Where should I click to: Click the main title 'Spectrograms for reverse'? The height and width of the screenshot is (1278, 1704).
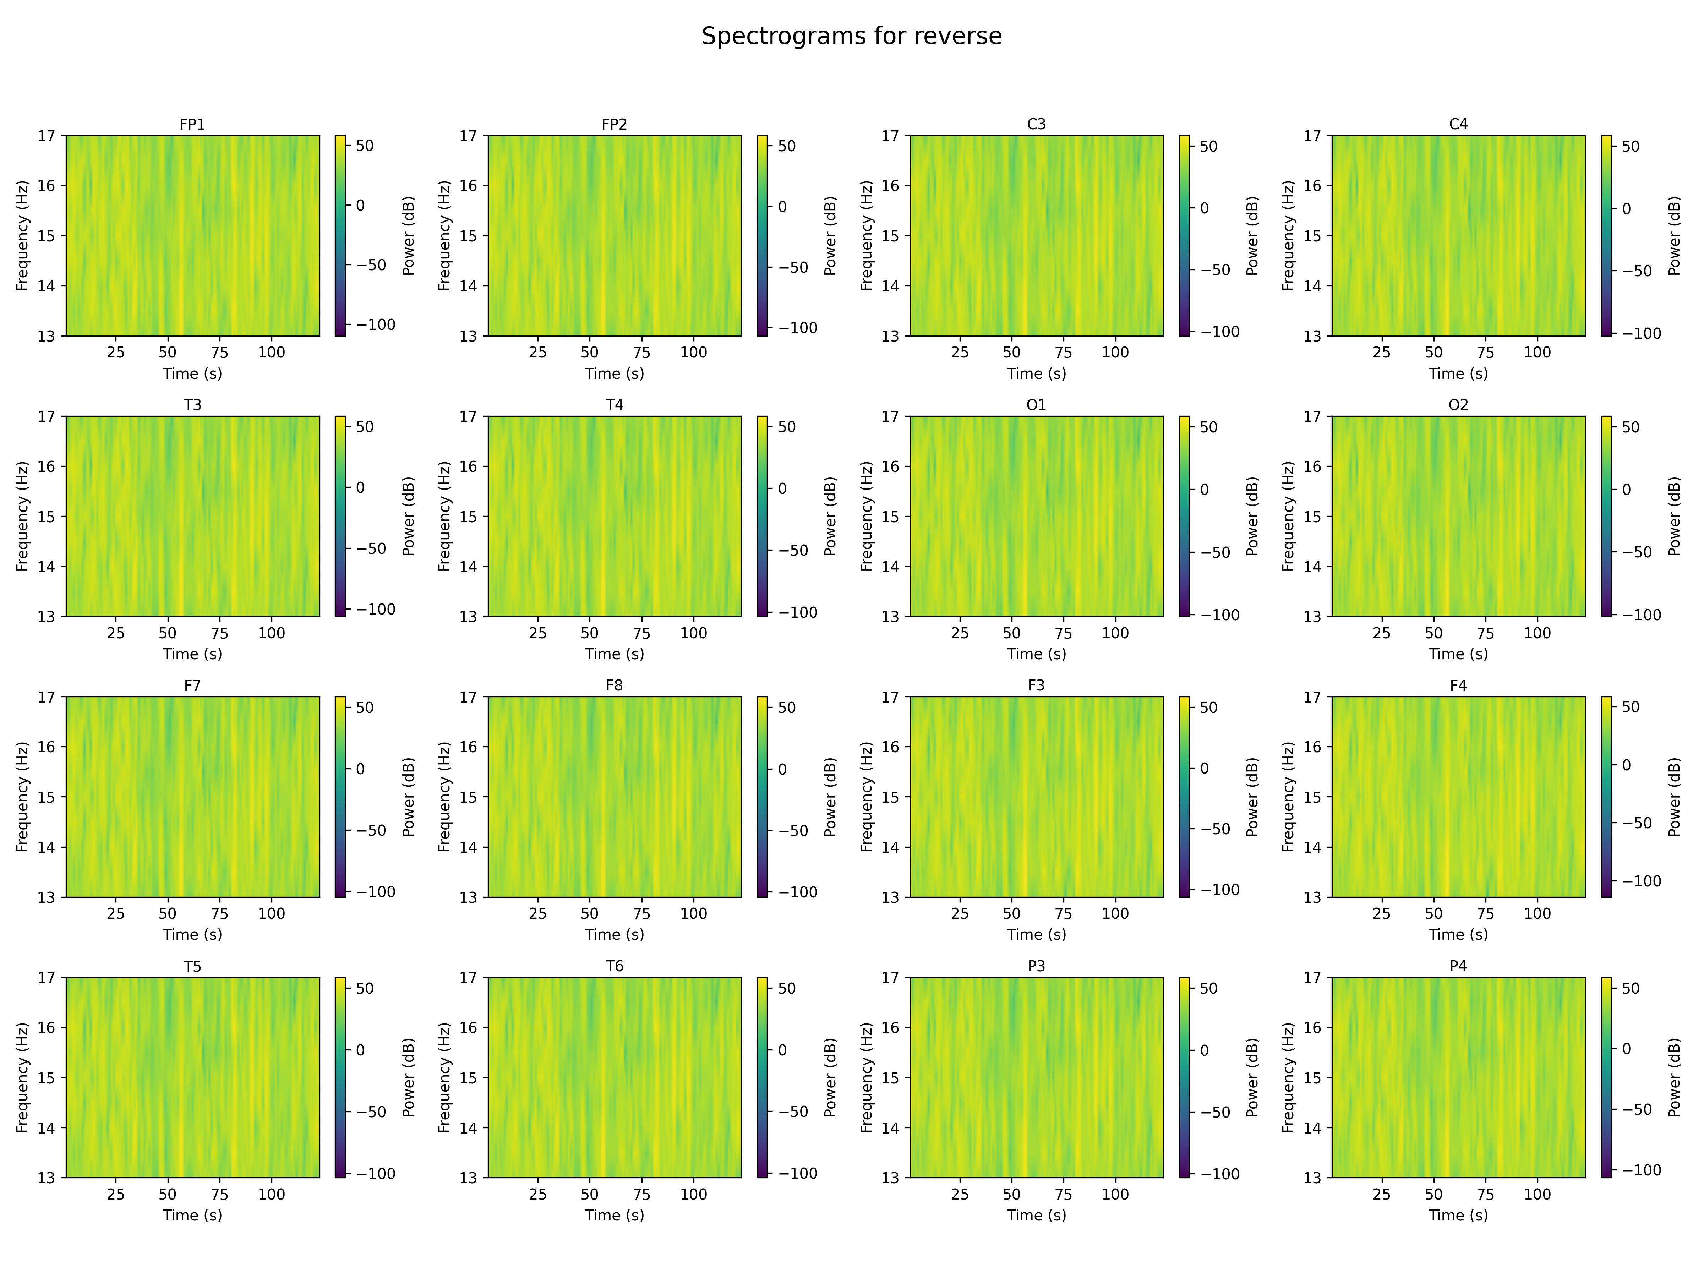click(x=851, y=36)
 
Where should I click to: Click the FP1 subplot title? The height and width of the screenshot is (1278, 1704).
click(x=192, y=124)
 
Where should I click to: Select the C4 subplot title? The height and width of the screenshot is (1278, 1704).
click(x=1458, y=124)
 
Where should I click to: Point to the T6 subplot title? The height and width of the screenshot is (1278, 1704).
click(x=614, y=966)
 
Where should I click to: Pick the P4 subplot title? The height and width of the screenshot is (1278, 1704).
click(x=1458, y=966)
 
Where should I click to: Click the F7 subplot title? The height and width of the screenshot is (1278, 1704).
click(x=192, y=686)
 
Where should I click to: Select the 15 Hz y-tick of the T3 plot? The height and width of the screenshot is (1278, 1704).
click(x=46, y=516)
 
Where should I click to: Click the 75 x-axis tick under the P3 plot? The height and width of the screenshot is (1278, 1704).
click(x=1063, y=1194)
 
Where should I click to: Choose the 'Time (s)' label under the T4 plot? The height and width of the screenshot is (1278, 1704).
click(x=614, y=654)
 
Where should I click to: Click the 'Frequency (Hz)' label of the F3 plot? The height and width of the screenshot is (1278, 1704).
click(x=867, y=797)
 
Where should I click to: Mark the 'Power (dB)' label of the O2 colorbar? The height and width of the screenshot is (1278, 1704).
click(x=1674, y=516)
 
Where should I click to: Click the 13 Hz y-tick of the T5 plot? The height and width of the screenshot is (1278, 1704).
click(x=46, y=1177)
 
